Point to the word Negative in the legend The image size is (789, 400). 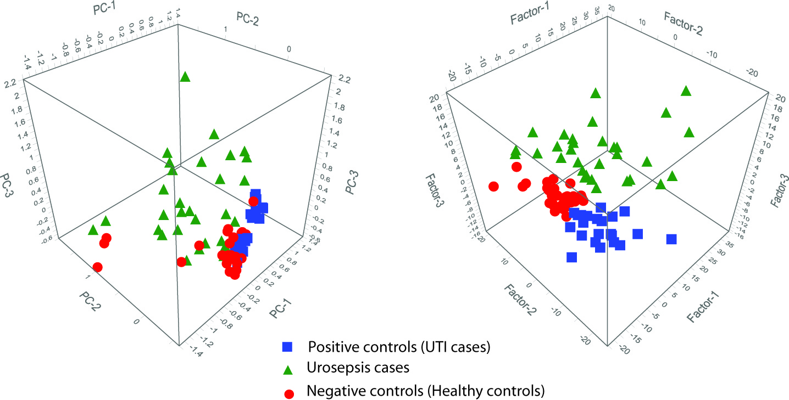pos(333,391)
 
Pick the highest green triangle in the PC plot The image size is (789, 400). pos(185,77)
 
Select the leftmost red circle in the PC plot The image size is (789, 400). pos(98,267)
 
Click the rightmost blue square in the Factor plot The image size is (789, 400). pos(671,239)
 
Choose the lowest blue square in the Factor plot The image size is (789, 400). pos(572,257)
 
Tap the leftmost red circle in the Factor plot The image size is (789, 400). pos(493,187)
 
